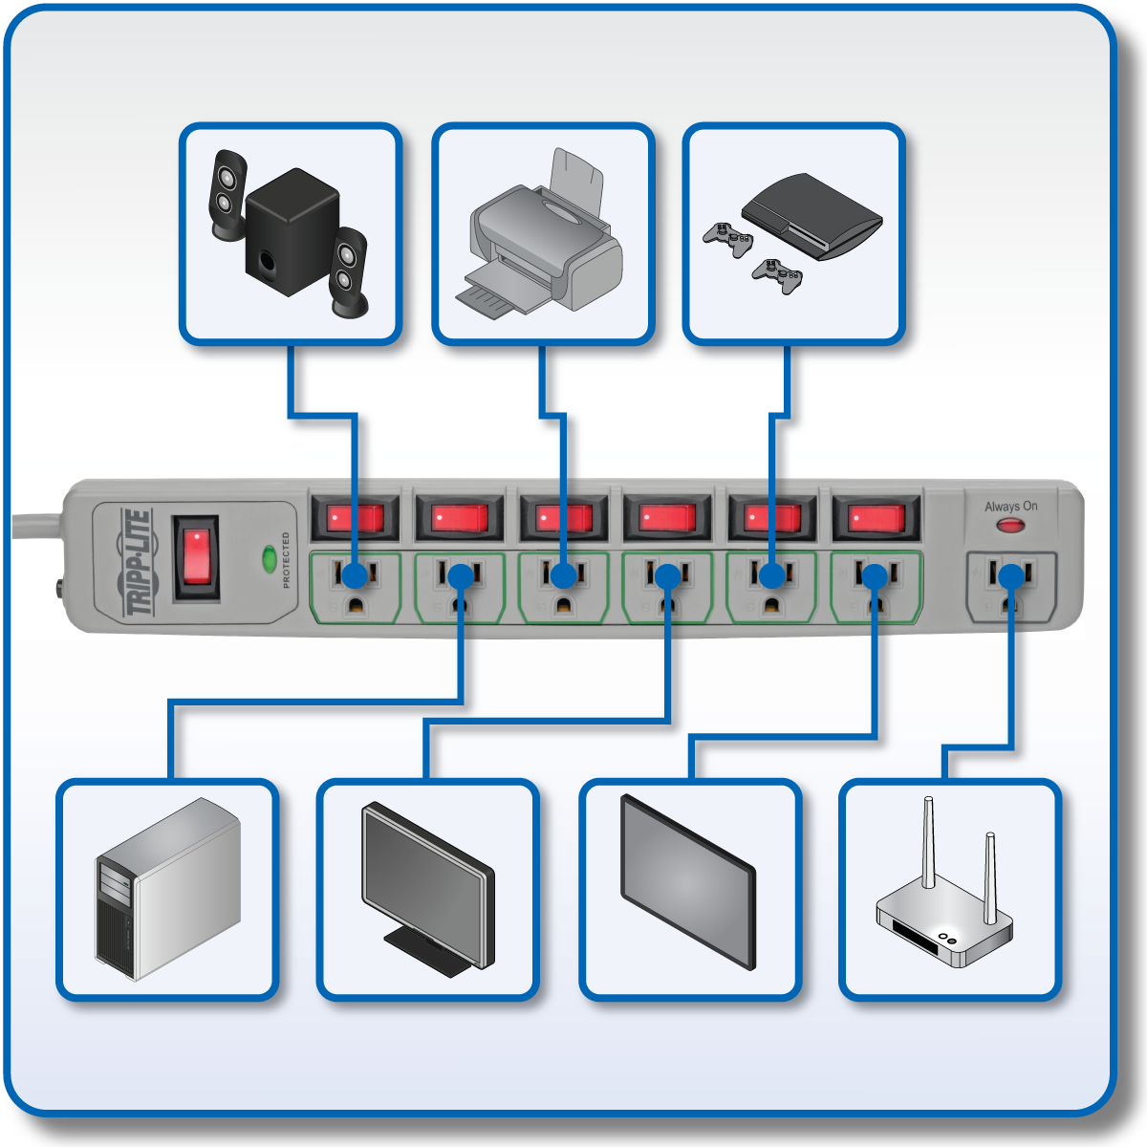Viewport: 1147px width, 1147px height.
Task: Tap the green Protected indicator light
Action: pos(269,557)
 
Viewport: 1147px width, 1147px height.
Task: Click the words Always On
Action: pos(1010,506)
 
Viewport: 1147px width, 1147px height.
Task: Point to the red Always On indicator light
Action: pos(1010,525)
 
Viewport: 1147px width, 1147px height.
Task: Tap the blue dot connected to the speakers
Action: pos(355,575)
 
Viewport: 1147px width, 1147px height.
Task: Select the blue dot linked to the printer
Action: pos(564,575)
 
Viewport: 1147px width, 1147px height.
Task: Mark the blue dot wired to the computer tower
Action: pos(461,575)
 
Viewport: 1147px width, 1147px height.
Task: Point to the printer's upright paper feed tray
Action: pos(579,182)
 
